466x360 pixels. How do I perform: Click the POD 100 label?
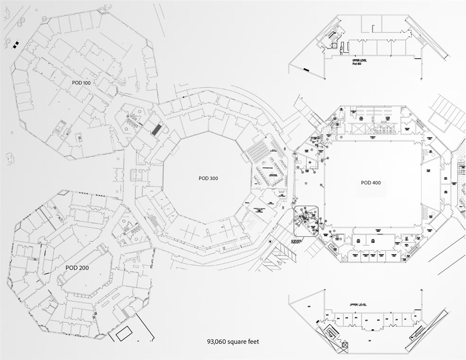click(x=84, y=83)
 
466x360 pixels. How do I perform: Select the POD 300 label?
click(x=208, y=179)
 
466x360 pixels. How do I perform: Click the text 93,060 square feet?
click(x=233, y=342)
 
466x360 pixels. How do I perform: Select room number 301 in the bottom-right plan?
click(x=369, y=341)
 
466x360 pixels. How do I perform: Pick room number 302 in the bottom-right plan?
click(x=309, y=307)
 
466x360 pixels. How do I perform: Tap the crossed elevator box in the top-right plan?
click(x=333, y=45)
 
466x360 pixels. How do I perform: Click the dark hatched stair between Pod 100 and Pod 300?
click(x=156, y=129)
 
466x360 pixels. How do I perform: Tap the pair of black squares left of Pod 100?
click(x=16, y=44)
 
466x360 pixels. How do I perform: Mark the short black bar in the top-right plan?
click(x=306, y=70)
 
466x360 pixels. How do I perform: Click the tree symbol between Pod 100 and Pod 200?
click(x=10, y=158)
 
